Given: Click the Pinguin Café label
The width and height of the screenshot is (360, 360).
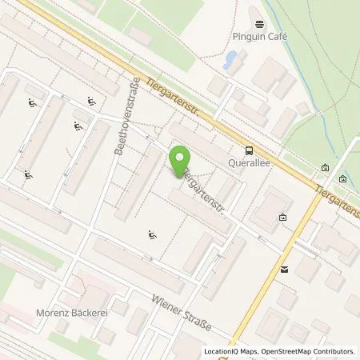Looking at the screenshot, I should coord(261,37).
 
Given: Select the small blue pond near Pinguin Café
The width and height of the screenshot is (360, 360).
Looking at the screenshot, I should coord(231,58).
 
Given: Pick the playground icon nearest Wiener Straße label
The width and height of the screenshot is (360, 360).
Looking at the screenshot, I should coord(151,234).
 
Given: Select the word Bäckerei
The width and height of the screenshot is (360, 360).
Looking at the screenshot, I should coord(90,312).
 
